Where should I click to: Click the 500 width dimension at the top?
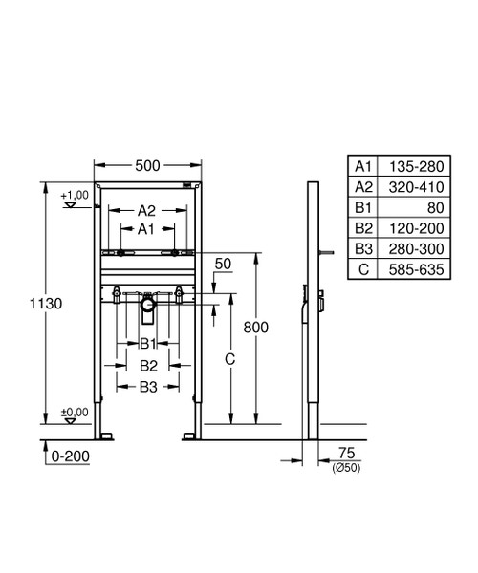pyautogui.click(x=146, y=165)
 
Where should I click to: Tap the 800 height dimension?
pyautogui.click(x=255, y=328)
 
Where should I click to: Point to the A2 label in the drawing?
pyautogui.click(x=146, y=210)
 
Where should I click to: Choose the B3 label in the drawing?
pyautogui.click(x=146, y=386)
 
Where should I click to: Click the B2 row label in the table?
pyautogui.click(x=362, y=229)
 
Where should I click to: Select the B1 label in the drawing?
pyautogui.click(x=146, y=343)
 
